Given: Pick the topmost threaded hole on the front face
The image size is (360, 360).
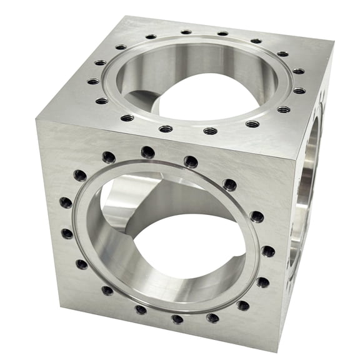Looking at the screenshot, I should [x=147, y=152].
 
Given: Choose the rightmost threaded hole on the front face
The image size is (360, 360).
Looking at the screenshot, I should [x=268, y=251].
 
